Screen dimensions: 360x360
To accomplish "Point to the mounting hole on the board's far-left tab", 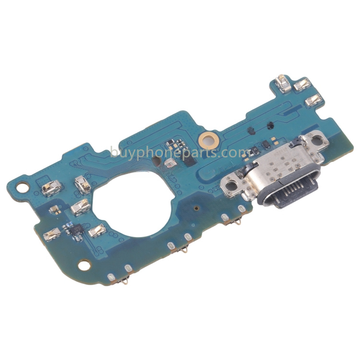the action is pos(23,187).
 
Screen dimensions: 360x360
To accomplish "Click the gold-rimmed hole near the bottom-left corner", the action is pos(84,265).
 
